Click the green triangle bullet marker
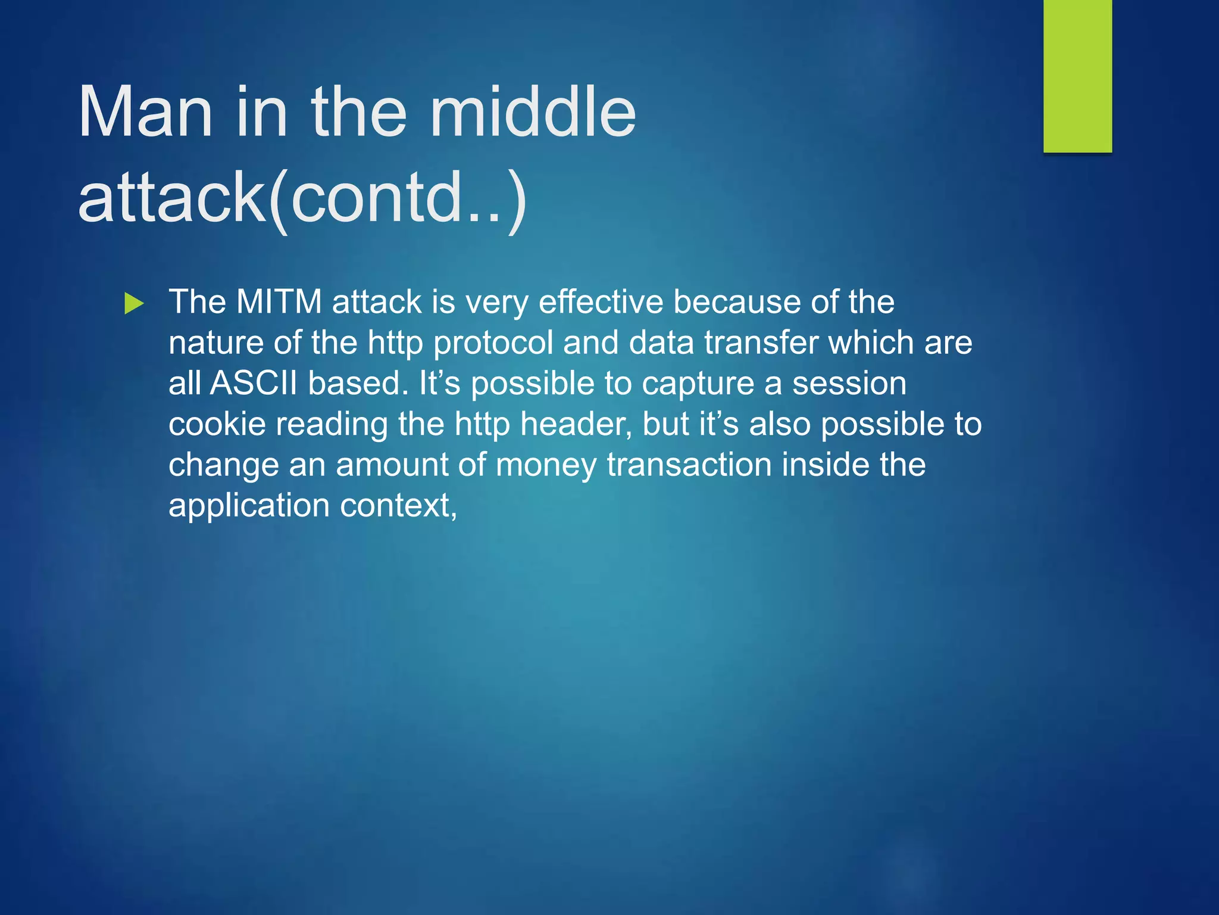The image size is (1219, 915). [135, 304]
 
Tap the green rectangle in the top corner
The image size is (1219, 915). [1077, 76]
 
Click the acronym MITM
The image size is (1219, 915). [279, 301]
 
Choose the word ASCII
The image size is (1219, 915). [254, 383]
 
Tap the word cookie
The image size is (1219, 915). [217, 424]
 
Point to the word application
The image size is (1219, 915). [249, 506]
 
